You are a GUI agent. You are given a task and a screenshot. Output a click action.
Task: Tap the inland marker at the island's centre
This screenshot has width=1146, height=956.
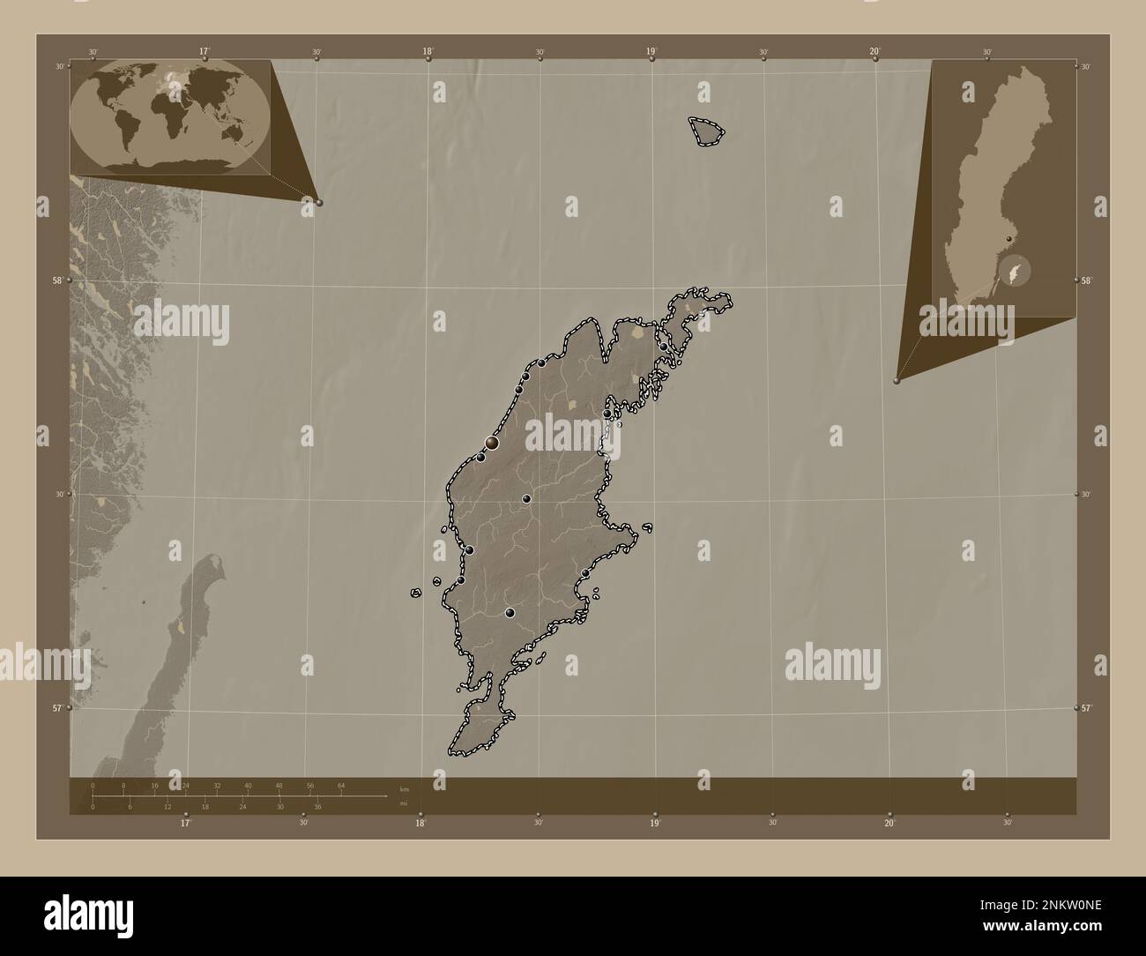[x=526, y=499]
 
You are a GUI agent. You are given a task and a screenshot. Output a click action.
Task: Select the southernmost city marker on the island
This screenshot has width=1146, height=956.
[x=510, y=613]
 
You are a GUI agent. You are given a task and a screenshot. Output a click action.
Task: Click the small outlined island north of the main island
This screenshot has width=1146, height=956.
[x=707, y=131]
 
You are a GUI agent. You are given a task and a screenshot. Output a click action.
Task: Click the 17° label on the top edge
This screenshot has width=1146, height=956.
[x=205, y=52]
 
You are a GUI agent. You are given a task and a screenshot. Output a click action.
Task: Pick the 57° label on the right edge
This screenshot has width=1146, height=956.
[x=1087, y=708]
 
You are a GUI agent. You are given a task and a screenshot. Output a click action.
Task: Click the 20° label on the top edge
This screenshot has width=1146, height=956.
[x=874, y=52]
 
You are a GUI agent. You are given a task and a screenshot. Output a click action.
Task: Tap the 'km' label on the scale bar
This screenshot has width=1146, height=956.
[x=404, y=788]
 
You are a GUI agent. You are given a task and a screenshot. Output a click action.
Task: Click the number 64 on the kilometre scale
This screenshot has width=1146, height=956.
[x=341, y=785]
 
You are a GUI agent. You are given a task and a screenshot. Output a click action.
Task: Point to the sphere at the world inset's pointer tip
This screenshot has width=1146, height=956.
[x=319, y=202]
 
